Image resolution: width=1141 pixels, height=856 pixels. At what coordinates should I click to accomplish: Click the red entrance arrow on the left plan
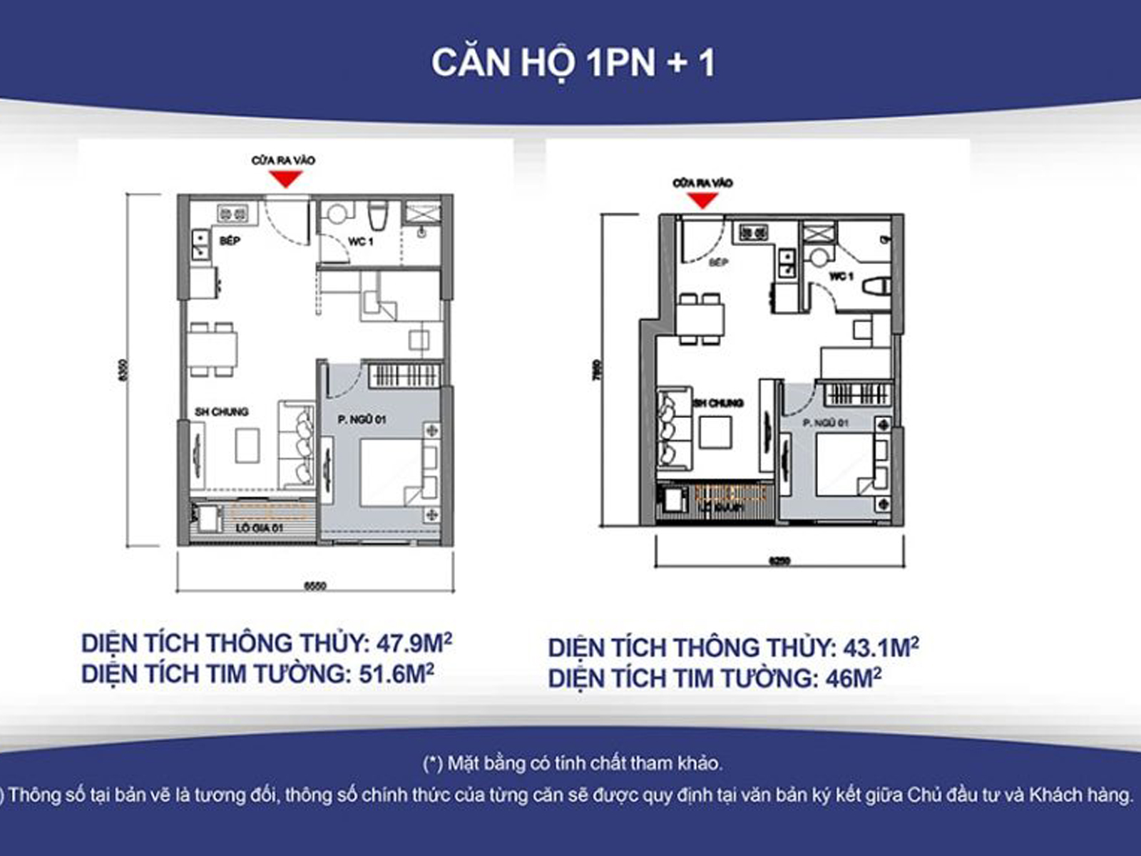[286, 179]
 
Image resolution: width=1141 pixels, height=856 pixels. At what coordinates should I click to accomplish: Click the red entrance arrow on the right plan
[703, 200]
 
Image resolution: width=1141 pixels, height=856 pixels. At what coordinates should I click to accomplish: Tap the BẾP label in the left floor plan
[230, 241]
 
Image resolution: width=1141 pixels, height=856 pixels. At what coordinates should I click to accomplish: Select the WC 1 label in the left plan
[360, 242]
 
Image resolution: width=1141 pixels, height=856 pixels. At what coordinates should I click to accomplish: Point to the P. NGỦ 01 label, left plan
[362, 419]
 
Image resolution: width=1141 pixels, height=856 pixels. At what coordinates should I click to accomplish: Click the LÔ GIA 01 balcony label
[259, 528]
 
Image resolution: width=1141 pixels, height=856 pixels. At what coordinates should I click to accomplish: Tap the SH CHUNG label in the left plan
[222, 412]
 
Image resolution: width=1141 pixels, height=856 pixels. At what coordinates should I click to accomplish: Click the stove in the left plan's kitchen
[233, 213]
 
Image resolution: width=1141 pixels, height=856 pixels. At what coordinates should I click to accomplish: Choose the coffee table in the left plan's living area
[248, 445]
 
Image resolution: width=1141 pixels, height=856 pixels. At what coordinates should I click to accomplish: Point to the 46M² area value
[853, 678]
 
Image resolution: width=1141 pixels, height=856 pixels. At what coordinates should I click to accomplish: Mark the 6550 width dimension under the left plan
[314, 586]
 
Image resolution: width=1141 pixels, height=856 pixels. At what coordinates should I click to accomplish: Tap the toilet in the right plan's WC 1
[875, 286]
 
